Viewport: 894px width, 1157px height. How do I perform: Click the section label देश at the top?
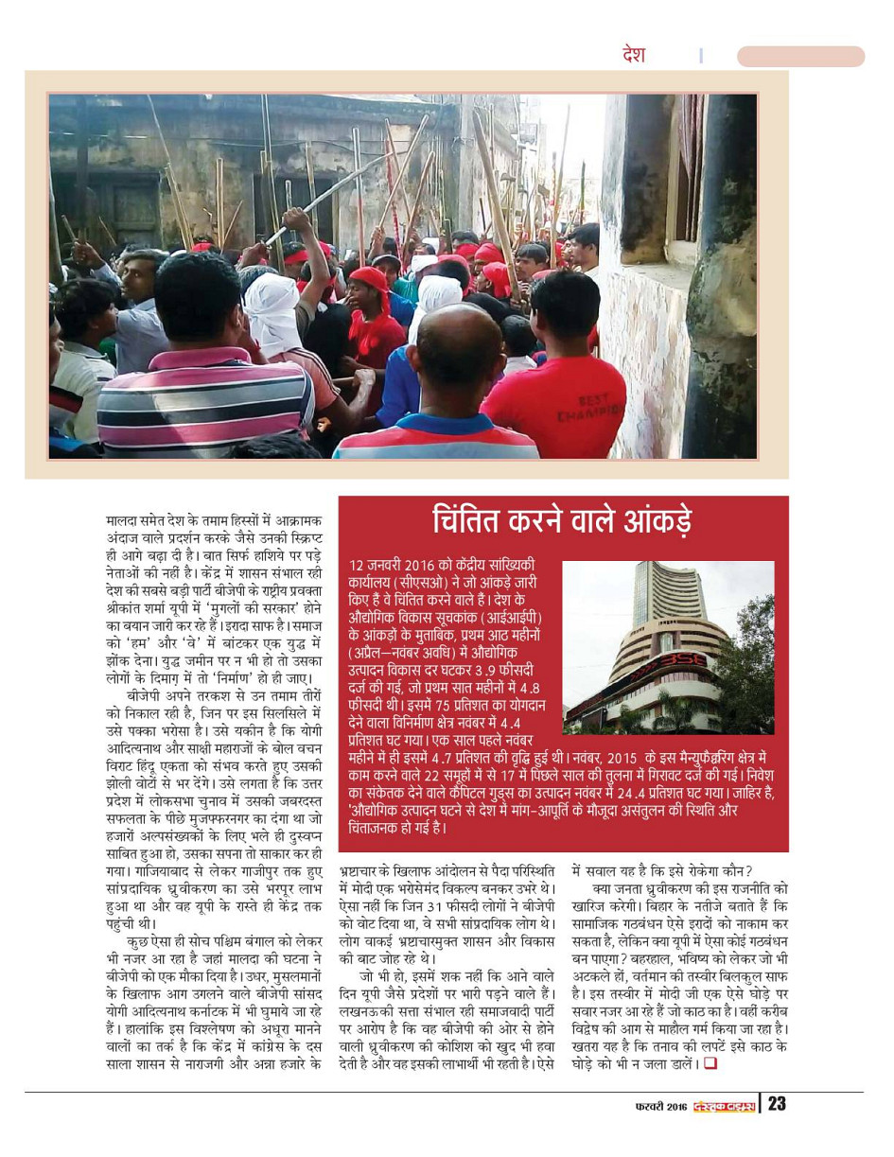pos(634,55)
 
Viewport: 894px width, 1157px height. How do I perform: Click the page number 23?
pos(777,1104)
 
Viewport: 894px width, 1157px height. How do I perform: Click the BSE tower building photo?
pos(668,647)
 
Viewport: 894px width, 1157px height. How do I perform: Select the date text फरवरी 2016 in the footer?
pos(660,1106)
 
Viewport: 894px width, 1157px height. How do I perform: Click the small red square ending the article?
pos(709,1063)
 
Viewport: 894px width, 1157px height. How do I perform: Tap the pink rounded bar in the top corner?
pos(800,57)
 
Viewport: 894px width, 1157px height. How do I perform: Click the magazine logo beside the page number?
pos(724,1106)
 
